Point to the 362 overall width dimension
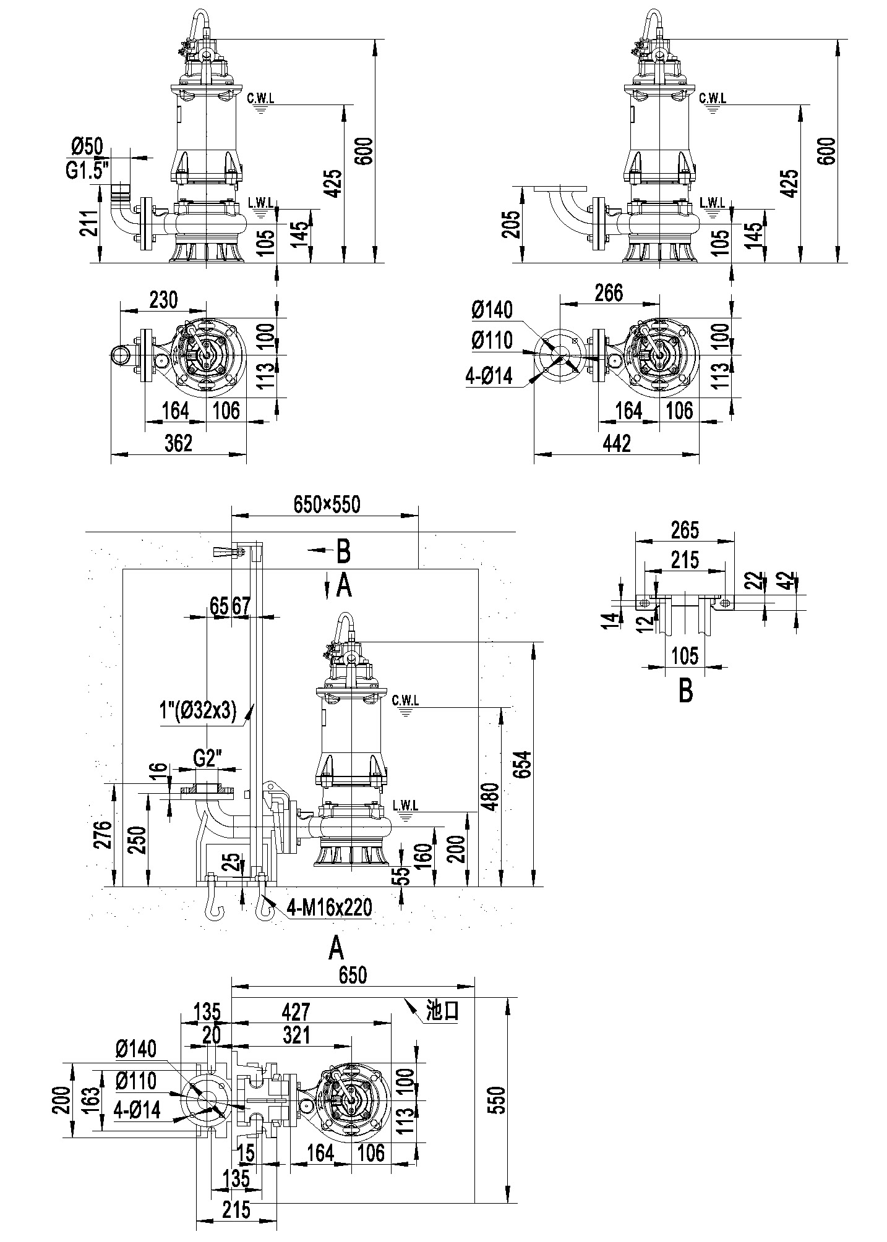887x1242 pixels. tap(179, 443)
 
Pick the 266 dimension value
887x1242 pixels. tap(609, 293)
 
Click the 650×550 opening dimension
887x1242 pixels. tap(326, 505)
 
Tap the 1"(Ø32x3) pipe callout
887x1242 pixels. tap(199, 712)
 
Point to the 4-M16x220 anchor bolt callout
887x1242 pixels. tap(329, 908)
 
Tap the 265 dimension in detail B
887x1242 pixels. tap(684, 530)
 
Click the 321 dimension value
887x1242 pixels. tap(296, 1035)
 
